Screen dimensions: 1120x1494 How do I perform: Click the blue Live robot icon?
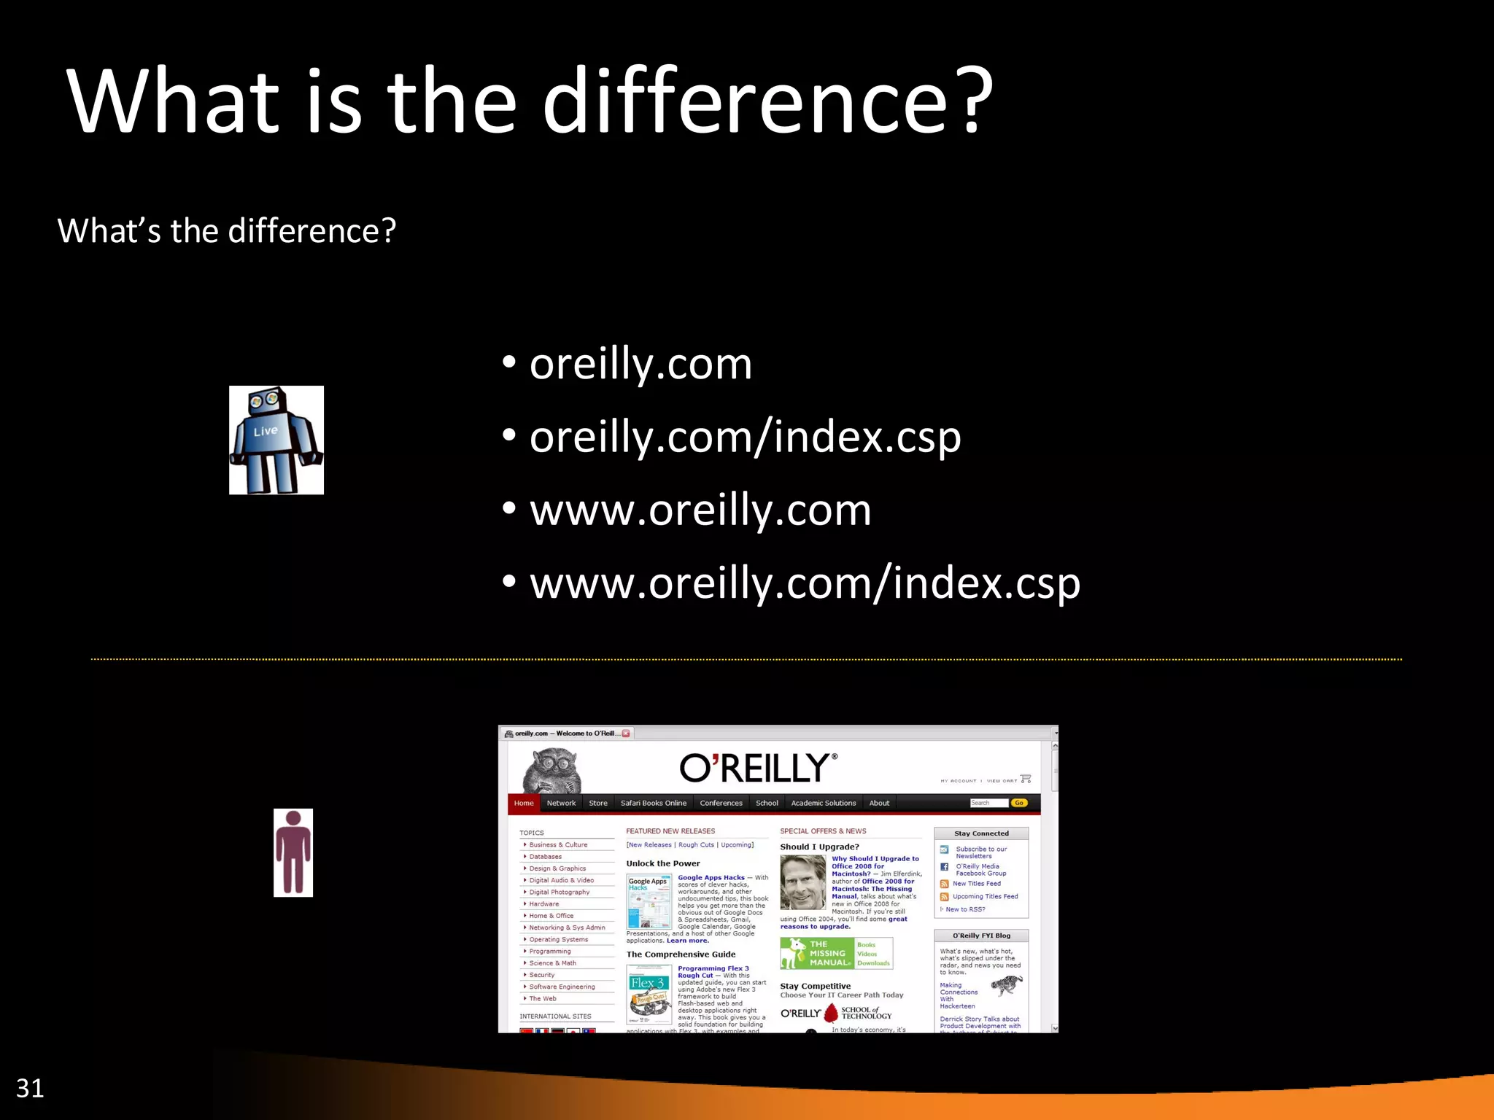[x=276, y=440]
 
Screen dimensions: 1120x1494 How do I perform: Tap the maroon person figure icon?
[x=293, y=852]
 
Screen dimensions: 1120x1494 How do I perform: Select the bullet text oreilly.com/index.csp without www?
[x=745, y=437]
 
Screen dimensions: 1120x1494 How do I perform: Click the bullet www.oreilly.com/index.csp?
[x=805, y=583]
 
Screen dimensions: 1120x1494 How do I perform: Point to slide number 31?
[x=30, y=1088]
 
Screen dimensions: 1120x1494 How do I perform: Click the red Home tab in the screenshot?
[x=524, y=803]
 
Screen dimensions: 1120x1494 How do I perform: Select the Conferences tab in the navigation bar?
[x=721, y=803]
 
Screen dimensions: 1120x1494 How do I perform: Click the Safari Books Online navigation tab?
[x=653, y=803]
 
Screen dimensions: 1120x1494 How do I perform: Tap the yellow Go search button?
[x=1019, y=803]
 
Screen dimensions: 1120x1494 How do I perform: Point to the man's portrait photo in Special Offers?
[x=803, y=882]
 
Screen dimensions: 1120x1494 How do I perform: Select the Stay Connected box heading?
[x=981, y=833]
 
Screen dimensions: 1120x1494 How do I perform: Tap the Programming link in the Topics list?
[x=550, y=952]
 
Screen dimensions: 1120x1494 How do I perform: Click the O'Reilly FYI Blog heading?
[x=981, y=936]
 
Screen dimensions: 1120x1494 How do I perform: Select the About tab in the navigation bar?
[x=879, y=803]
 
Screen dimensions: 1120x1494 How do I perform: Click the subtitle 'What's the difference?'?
[x=227, y=231]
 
